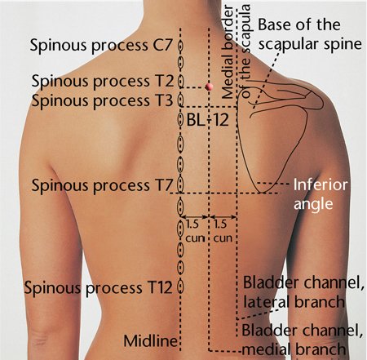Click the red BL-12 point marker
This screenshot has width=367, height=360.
(209, 87)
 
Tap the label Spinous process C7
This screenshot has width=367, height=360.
(101, 45)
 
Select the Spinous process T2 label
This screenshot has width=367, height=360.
(103, 82)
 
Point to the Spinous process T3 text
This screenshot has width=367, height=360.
(103, 101)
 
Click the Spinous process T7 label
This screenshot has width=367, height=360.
(102, 185)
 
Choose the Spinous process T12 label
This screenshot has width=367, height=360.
(99, 287)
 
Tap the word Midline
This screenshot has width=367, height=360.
(151, 340)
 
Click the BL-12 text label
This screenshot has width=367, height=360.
(208, 120)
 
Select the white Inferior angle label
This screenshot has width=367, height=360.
(321, 194)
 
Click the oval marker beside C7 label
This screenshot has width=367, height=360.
(180, 45)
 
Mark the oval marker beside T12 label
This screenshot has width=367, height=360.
(180, 287)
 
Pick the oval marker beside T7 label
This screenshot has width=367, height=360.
(180, 184)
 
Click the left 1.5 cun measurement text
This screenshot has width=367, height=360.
(195, 231)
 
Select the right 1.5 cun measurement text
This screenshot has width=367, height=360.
(223, 231)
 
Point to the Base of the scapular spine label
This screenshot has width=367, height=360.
(310, 34)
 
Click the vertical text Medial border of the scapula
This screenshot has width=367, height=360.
(235, 51)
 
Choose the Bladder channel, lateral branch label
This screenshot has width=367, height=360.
(303, 292)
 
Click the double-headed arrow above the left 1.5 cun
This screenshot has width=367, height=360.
(195, 217)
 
